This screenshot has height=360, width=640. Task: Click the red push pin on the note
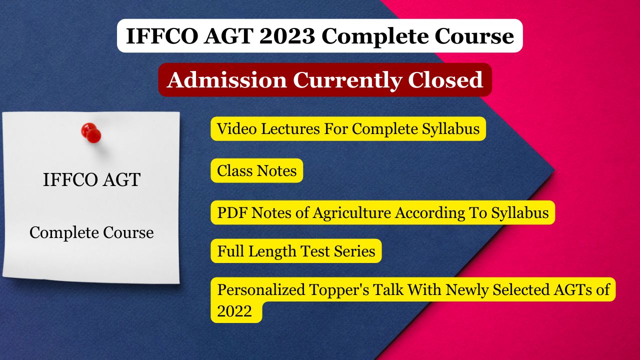(91, 133)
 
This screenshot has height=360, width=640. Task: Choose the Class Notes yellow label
(257, 170)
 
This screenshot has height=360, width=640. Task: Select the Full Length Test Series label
(296, 251)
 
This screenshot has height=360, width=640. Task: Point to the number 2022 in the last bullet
(234, 310)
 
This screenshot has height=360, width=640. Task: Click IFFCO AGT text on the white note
(91, 179)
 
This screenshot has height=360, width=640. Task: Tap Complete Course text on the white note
(91, 232)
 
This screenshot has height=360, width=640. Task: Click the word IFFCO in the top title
(161, 36)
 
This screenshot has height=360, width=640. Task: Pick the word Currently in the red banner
(347, 80)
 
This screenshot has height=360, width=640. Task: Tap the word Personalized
(261, 289)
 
